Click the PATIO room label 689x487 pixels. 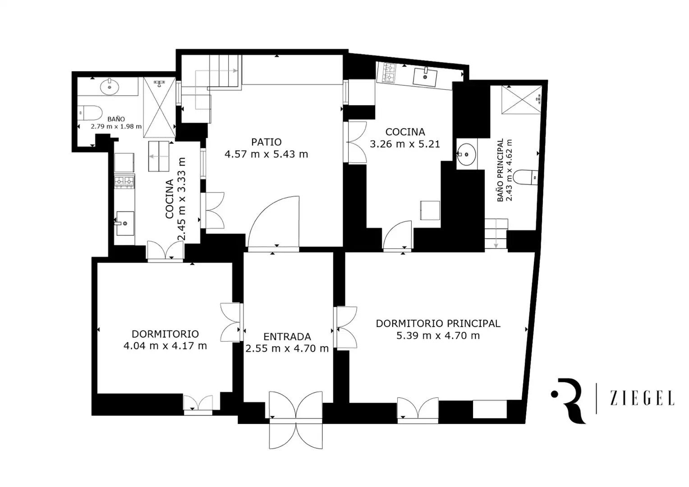266,142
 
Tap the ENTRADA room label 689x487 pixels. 287,336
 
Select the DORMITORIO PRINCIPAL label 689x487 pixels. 438,323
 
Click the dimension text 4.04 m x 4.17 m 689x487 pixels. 165,346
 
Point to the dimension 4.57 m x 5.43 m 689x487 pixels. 266,154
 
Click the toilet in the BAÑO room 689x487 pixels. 90,113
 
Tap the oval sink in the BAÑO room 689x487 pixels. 109,87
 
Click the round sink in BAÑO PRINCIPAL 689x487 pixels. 466,154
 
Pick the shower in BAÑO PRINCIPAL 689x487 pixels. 521,100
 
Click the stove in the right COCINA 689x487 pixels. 389,73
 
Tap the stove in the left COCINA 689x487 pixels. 124,182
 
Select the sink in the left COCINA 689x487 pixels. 124,223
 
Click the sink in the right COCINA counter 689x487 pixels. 424,77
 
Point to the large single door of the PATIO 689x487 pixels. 274,221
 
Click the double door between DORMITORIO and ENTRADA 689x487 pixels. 231,322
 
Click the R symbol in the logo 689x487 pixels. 570,401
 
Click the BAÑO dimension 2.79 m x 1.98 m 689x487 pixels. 116,126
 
